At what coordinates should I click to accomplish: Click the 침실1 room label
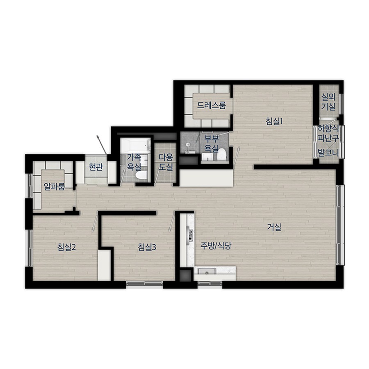[274, 121]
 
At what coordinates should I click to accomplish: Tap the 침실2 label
[66, 247]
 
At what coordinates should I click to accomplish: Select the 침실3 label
[147, 247]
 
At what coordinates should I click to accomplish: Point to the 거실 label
[274, 227]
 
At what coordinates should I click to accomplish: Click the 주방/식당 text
[216, 246]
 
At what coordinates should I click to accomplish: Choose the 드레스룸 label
[211, 105]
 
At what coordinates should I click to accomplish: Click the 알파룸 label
[55, 187]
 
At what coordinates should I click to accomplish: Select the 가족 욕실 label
[134, 162]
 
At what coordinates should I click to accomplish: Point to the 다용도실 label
[166, 162]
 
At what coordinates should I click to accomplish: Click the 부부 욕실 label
[211, 143]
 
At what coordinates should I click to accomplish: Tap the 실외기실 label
[328, 102]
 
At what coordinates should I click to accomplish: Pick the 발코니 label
[328, 153]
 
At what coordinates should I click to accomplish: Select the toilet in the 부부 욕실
[222, 155]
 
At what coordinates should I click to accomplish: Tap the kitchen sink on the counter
[206, 271]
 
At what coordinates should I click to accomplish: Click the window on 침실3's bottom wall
[144, 284]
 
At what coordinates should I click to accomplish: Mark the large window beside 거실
[340, 225]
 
